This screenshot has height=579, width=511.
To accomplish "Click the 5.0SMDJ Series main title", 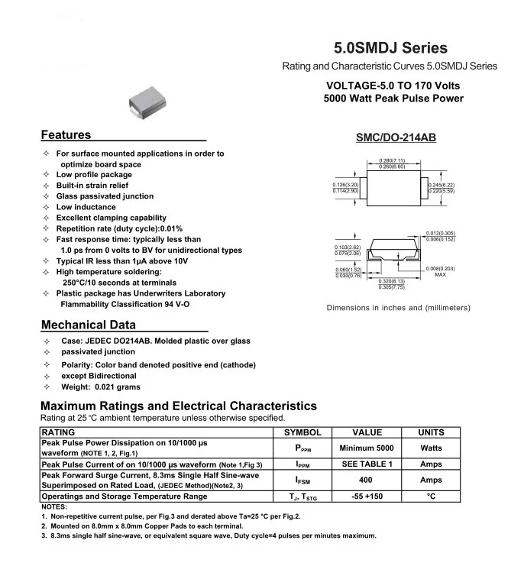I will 391,47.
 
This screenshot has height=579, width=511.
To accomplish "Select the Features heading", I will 66,135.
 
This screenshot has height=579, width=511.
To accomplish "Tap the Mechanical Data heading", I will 89,324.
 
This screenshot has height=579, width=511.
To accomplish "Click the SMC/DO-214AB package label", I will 396,140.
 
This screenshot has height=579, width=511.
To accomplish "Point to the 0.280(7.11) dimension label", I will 392,160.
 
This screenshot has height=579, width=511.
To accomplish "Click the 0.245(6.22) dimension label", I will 441,184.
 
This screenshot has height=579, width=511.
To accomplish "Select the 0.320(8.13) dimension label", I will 392,281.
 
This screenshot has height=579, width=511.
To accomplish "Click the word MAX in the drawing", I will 440,274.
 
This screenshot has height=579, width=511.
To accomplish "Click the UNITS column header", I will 431,432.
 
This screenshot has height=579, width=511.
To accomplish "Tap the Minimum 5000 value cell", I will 367,448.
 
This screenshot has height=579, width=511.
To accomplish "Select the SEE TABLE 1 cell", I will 367,464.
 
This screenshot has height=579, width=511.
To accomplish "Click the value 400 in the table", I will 367,480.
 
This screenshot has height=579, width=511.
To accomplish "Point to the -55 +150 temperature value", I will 367,497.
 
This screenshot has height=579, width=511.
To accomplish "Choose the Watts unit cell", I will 431,448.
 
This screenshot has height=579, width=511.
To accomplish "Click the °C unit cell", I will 431,497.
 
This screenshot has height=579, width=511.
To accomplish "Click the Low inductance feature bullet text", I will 86,207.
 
